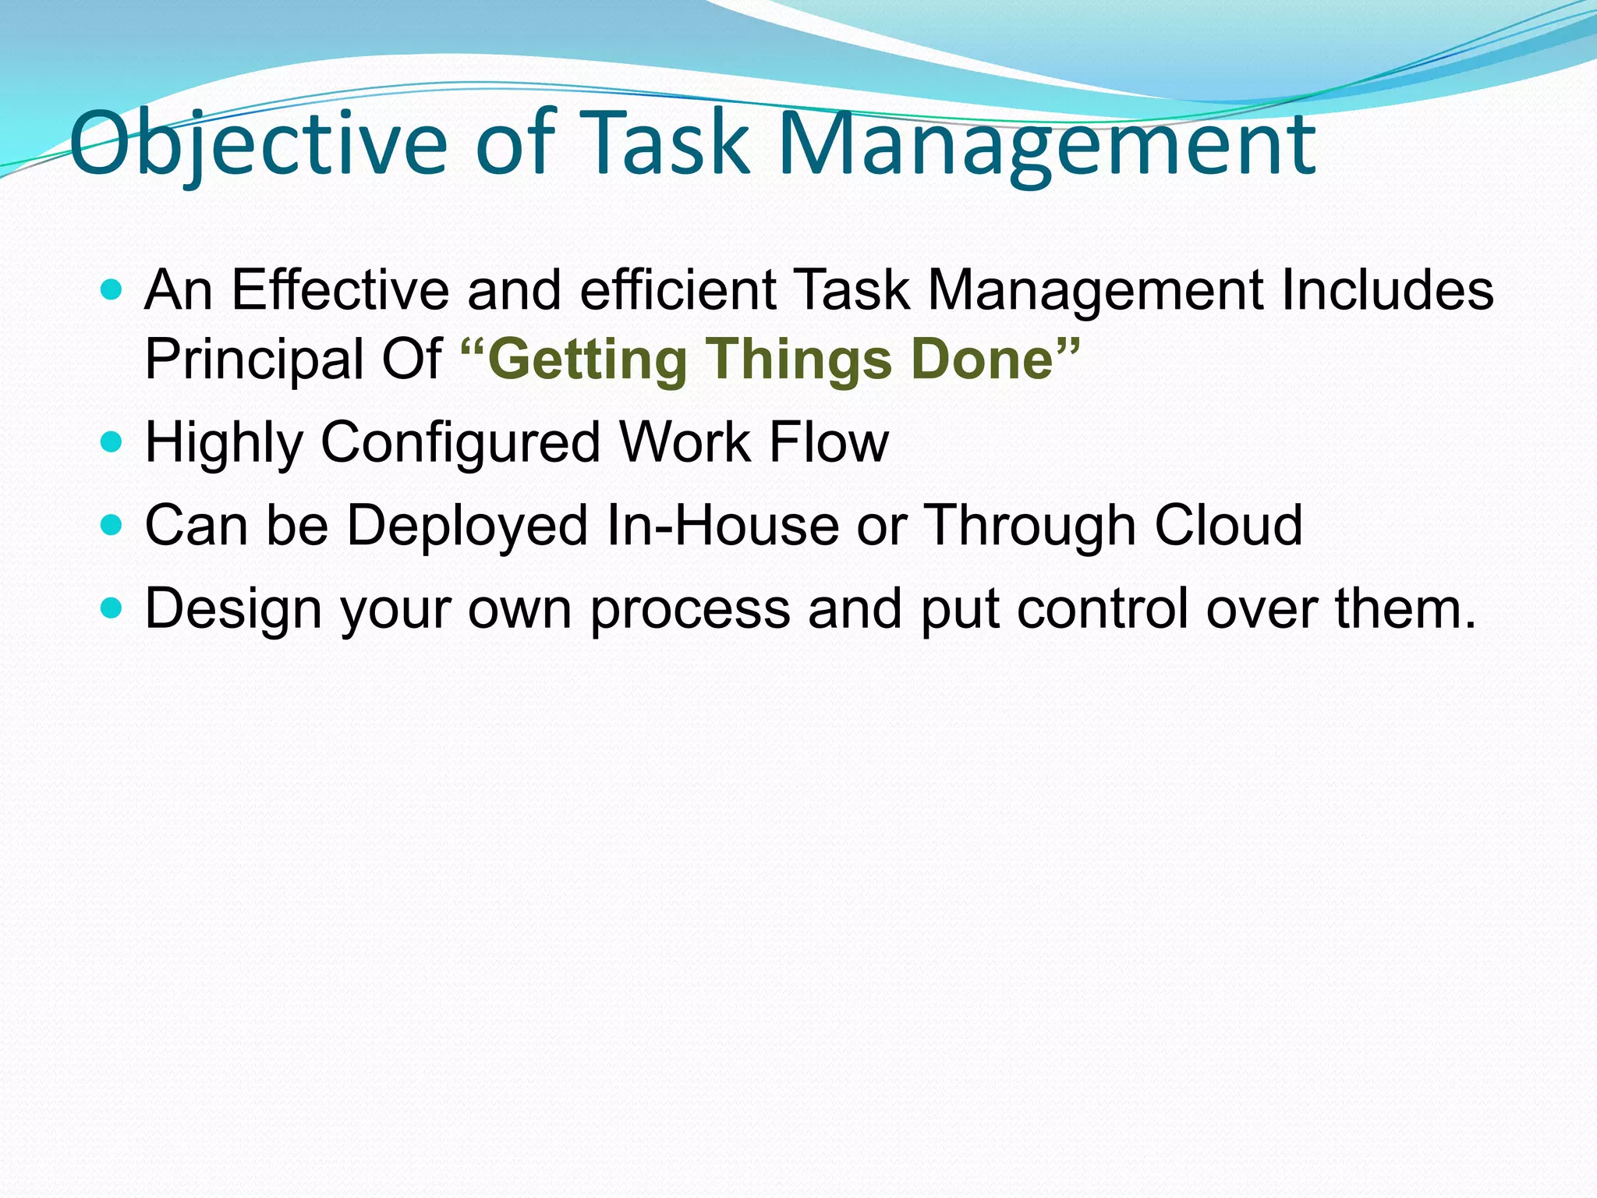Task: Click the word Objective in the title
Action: click(258, 144)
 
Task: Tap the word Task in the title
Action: click(666, 144)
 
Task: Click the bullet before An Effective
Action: click(112, 291)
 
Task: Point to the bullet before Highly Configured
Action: click(112, 443)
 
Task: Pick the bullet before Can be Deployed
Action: click(112, 525)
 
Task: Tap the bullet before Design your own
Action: click(112, 608)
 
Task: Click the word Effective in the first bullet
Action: click(340, 290)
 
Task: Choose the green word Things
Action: click(799, 360)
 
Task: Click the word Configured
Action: click(461, 442)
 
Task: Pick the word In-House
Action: click(722, 525)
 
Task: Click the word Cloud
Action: click(1228, 525)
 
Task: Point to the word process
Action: click(689, 609)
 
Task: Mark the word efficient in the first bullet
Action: click(678, 290)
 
